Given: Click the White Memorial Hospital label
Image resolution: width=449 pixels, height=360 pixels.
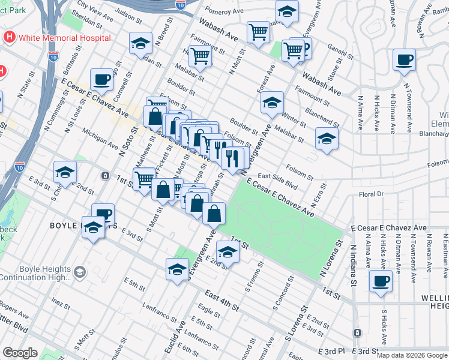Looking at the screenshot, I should [64, 37].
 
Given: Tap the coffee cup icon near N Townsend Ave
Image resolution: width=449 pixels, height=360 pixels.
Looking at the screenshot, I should [404, 59].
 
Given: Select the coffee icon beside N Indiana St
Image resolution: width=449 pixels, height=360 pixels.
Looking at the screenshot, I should [380, 281].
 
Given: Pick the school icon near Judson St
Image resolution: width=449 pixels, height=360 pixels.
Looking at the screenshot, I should [140, 43].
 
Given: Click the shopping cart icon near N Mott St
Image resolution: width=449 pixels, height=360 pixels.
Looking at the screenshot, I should [200, 56].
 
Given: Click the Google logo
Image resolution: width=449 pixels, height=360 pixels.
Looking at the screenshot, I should [20, 353].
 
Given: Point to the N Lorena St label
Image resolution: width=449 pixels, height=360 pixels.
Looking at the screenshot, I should [331, 259].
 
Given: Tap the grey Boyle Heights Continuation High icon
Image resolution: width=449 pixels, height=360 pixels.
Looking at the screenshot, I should [79, 273].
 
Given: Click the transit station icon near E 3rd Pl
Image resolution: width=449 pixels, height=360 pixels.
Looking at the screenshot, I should [357, 332].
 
